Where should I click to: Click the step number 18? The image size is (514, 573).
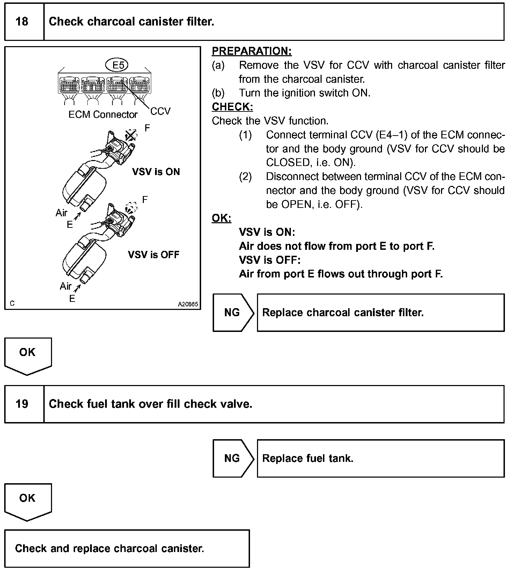point(22,22)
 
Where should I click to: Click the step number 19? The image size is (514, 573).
point(22,404)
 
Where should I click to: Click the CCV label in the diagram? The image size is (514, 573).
point(161,111)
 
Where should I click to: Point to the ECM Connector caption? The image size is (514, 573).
point(103,115)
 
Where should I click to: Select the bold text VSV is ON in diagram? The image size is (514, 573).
point(156,172)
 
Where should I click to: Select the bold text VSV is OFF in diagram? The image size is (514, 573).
point(154,255)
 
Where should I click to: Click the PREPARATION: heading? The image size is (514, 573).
point(251,51)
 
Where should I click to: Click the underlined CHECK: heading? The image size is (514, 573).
point(232,107)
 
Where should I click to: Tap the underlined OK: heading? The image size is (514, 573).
point(221,218)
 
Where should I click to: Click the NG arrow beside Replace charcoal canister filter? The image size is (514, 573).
point(233,312)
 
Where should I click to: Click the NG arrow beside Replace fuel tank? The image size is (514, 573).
point(233,458)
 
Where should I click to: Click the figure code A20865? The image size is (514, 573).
point(188,304)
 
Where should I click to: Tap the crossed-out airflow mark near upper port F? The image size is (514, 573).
point(131,135)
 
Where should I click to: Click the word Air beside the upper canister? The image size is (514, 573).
point(61,212)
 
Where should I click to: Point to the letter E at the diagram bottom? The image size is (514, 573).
point(72,299)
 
